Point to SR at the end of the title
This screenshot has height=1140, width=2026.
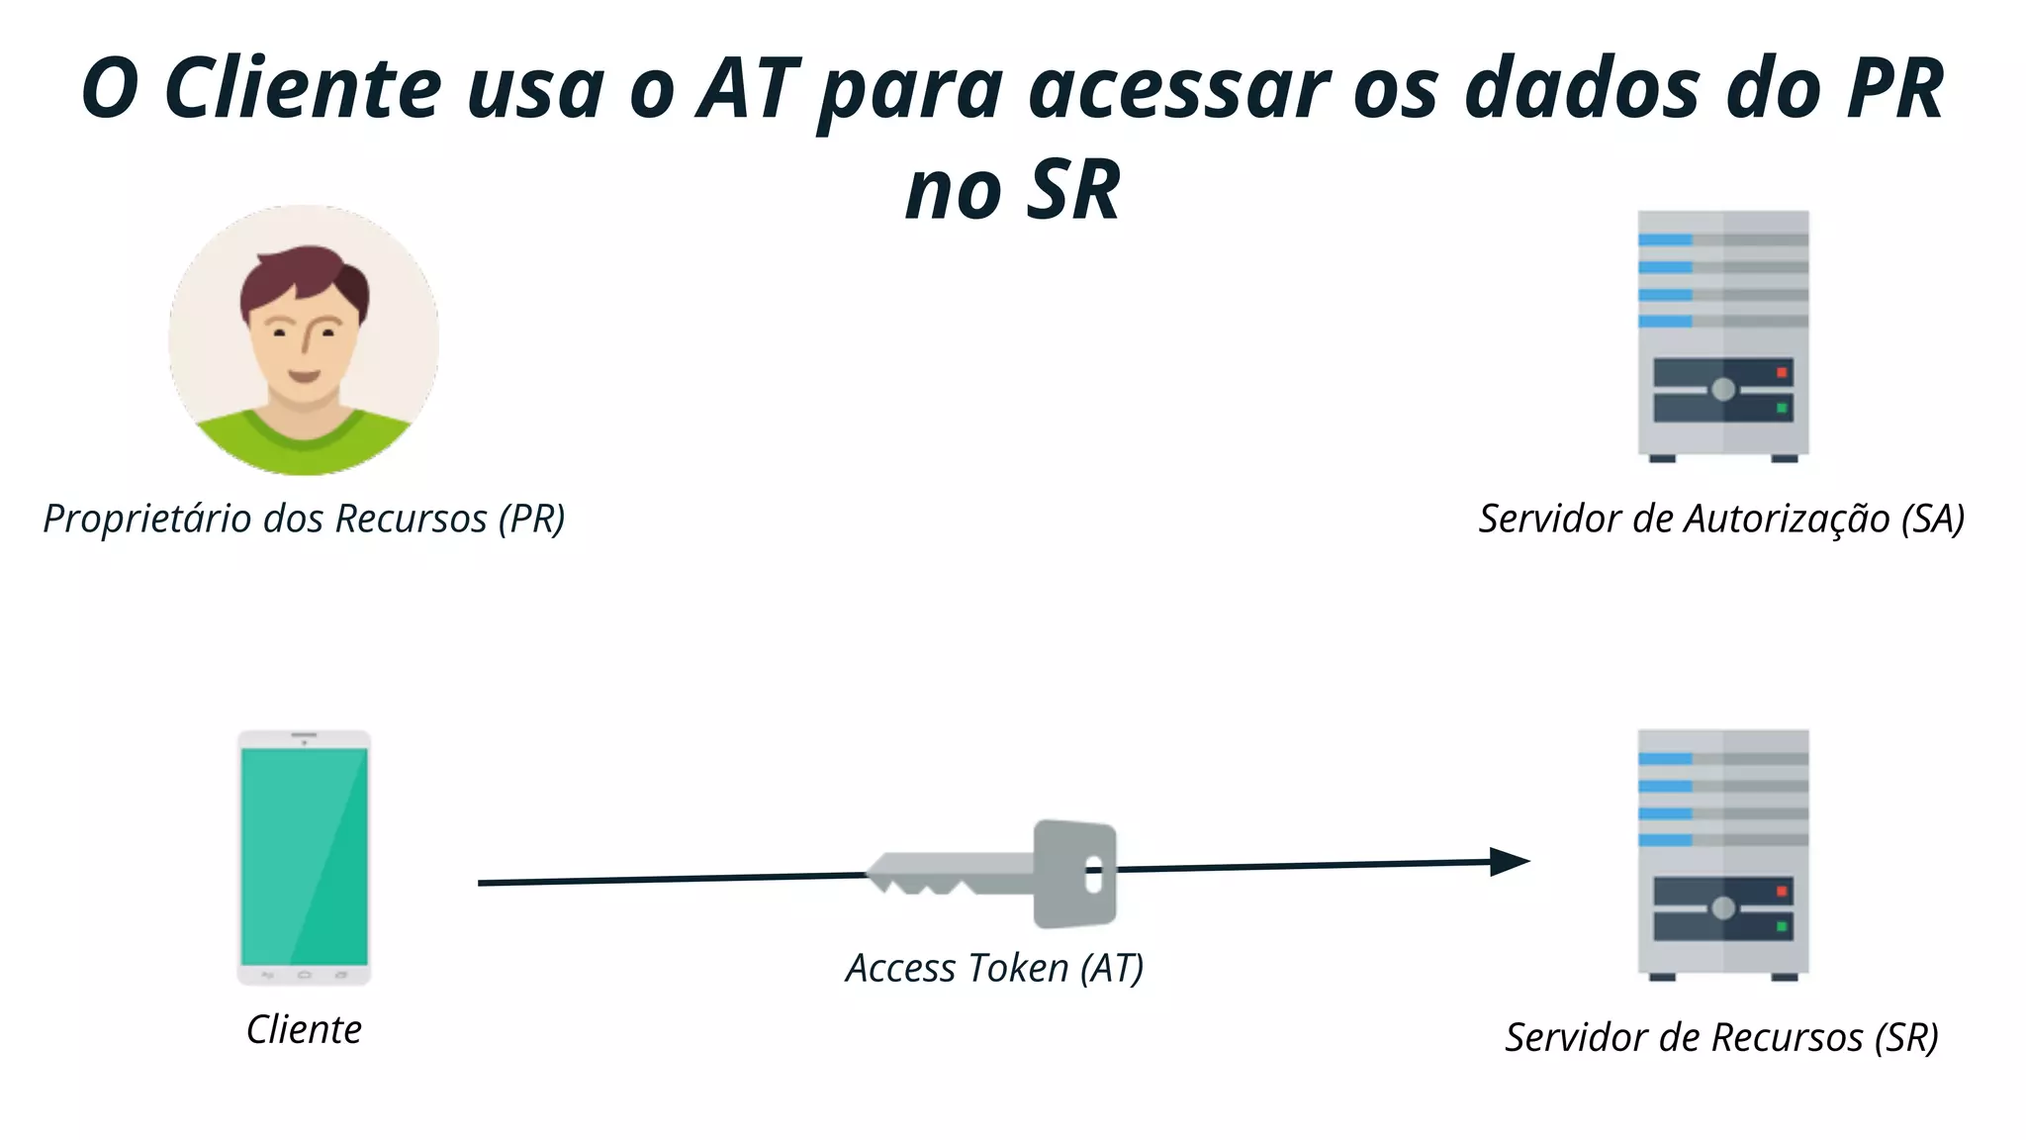1072,190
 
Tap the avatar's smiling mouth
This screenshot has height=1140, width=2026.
304,376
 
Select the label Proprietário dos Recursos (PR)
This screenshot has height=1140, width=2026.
304,519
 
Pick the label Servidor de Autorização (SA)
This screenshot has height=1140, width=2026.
1721,519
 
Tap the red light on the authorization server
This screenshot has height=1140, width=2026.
1782,373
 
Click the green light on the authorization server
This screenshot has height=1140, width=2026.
1782,408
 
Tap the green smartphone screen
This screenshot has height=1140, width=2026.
304,856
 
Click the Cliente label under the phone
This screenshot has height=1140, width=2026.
304,1029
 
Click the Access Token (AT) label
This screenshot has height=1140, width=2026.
994,968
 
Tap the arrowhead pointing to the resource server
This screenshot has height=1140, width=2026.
1511,862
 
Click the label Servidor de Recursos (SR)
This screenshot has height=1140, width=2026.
1721,1037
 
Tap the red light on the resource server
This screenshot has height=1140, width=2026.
1782,892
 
